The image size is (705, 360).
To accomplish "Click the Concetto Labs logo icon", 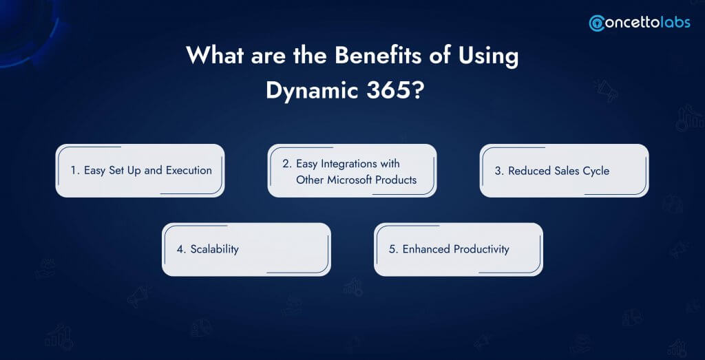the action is pos(597,23).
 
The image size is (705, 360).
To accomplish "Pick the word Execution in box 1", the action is pos(189,171).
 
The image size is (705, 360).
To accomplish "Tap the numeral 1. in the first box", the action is pos(75,171).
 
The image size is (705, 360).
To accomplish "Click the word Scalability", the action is pos(215,249).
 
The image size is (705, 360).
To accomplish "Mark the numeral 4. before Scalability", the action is pos(182,249).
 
